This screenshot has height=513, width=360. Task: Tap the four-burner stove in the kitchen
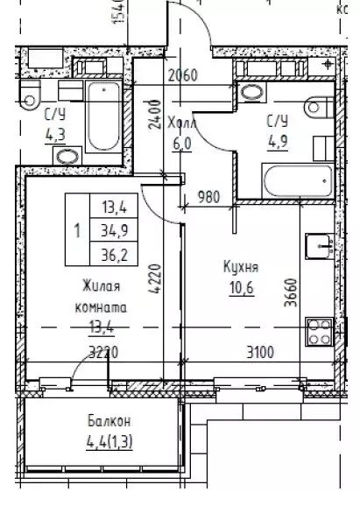[317, 334]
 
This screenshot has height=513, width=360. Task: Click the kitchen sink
[316, 245]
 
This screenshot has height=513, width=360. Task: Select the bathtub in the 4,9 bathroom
[296, 181]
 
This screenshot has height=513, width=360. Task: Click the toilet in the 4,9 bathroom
[317, 107]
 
